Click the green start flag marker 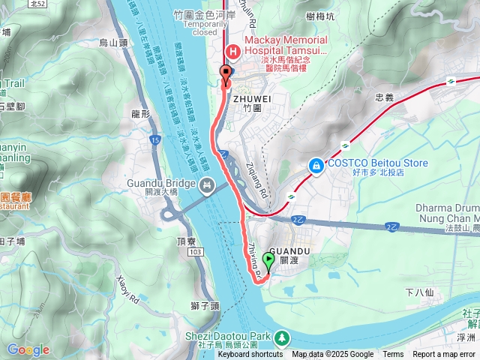pos(269,262)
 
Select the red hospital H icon pos(232,51)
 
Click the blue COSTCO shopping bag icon pos(317,163)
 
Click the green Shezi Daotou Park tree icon pos(282,338)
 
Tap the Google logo pos(28,349)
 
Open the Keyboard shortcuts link pos(250,355)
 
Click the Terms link pos(393,355)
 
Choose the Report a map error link pos(445,355)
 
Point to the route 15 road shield pos(154,140)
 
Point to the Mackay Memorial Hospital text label pos(283,45)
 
